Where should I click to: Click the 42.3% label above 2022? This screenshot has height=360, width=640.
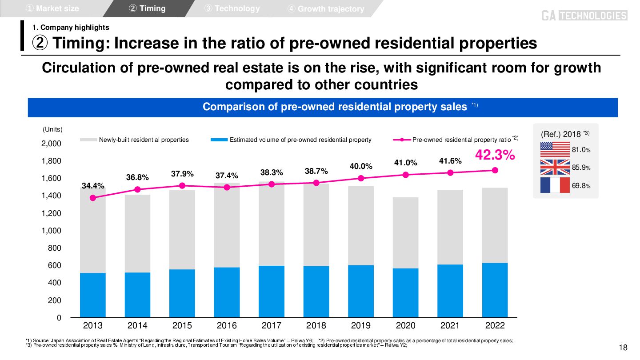coord(495,155)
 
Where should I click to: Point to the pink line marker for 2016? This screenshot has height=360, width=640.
coord(227,187)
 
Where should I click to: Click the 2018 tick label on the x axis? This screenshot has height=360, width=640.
coord(316,326)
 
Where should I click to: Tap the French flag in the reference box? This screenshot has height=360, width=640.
coord(555,185)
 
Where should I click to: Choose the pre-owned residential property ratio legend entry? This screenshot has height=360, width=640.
coord(461,140)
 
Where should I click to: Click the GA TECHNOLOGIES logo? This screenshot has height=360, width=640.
coord(584,16)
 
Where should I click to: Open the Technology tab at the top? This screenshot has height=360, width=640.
coord(232,8)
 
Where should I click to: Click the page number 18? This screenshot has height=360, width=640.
coord(623,348)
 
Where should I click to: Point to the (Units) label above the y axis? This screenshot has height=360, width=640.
coord(52,129)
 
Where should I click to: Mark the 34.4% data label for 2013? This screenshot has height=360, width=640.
coord(93,186)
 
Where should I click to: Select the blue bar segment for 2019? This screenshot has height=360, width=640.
coord(361,291)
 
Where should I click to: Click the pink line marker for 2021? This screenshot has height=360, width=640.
coord(450,172)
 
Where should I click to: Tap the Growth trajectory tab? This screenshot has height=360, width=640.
coord(326,9)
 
